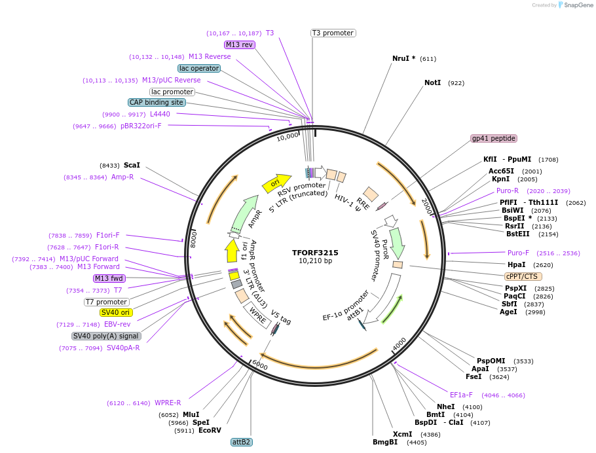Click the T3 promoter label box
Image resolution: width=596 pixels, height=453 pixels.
coord(333,33)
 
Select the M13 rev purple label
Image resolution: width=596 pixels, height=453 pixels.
coord(239,45)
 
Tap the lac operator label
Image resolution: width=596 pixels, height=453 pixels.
coord(199,68)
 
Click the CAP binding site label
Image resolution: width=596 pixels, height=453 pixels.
coord(157,102)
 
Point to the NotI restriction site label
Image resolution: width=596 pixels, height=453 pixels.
coord(433,83)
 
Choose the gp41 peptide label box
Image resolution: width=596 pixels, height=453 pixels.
coord(494,138)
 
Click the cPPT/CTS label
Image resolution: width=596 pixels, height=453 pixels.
coord(521,276)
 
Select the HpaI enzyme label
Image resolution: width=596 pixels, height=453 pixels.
coord(517,264)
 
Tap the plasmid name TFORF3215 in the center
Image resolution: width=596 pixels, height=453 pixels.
coord(315,252)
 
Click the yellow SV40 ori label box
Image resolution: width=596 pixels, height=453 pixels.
coord(116,312)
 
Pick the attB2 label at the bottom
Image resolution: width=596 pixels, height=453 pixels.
coord(241,442)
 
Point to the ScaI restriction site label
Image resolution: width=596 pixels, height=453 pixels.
coord(132,166)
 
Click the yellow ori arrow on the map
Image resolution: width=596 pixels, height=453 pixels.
coord(276,183)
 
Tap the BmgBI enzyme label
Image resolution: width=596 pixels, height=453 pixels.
coord(385,442)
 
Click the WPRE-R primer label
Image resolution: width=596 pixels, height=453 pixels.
coord(168,403)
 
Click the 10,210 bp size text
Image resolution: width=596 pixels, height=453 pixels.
coord(315,261)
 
